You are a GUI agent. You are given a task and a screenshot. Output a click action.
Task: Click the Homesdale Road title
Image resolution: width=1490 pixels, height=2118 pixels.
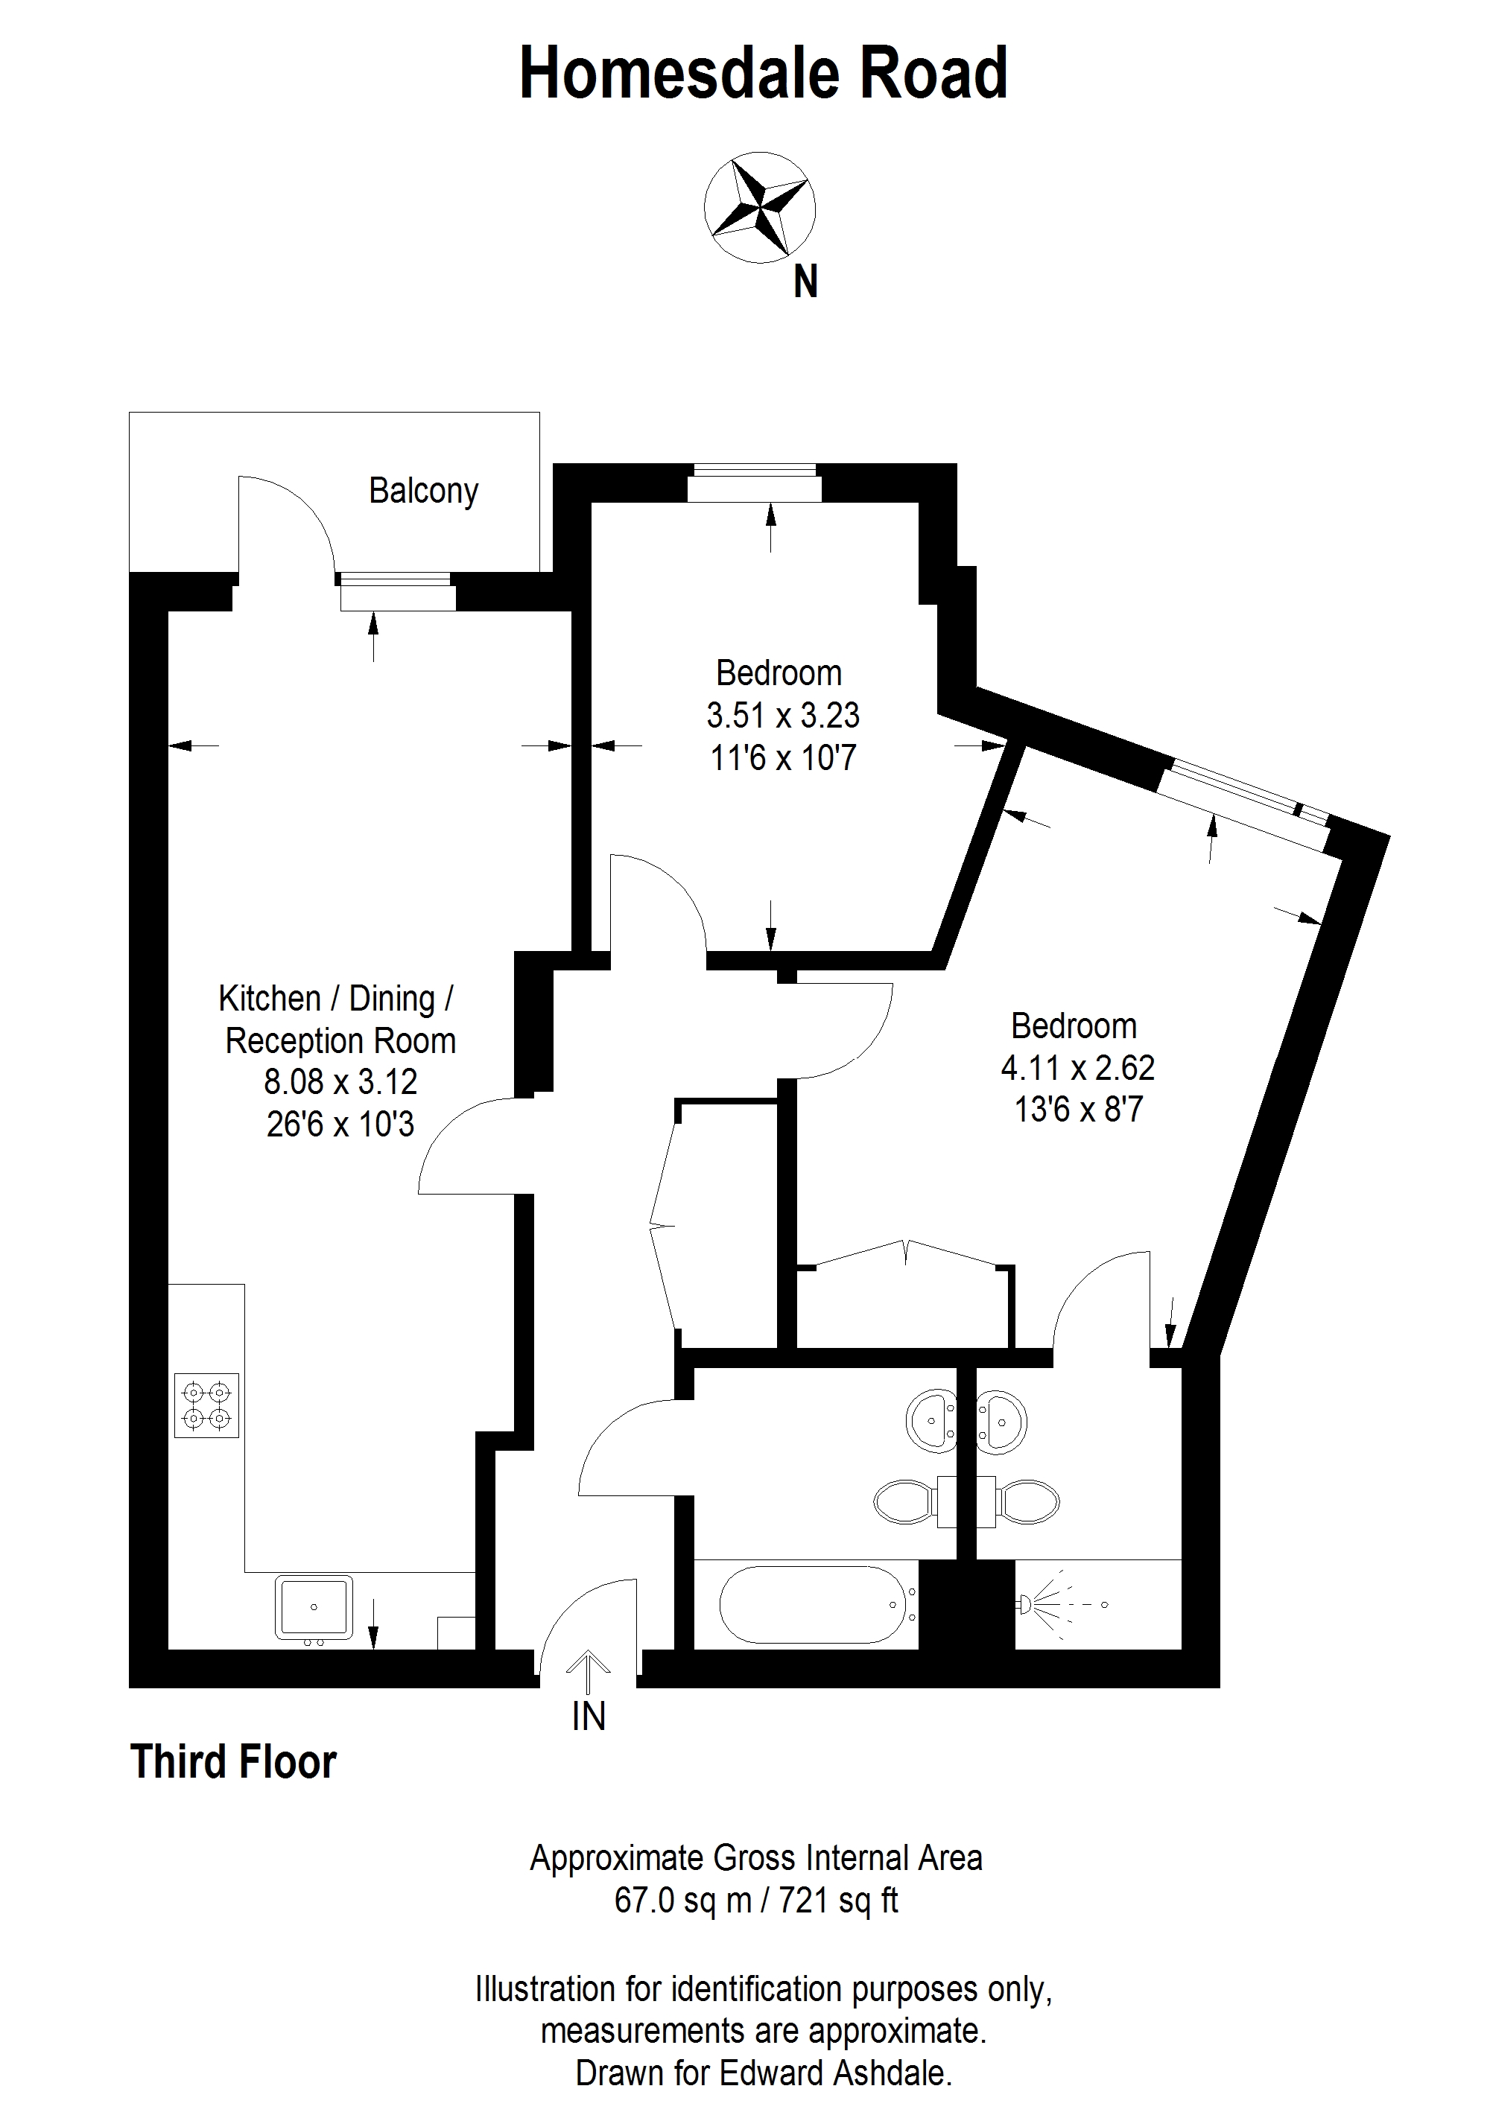[x=763, y=74]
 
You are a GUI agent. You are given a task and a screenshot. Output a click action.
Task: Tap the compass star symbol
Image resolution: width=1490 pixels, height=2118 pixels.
[x=759, y=206]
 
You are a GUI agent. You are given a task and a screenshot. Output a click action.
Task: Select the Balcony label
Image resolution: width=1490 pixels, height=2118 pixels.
[x=423, y=491]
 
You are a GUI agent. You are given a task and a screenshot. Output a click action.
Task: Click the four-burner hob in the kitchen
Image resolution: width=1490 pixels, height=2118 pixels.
[x=206, y=1405]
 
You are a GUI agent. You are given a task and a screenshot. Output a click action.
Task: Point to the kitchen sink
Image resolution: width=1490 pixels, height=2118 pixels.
[x=314, y=1608]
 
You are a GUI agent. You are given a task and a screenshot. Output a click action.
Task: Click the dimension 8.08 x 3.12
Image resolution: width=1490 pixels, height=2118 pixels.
[x=340, y=1081]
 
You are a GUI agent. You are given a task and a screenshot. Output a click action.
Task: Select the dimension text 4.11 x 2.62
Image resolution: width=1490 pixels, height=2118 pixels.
[x=1077, y=1067]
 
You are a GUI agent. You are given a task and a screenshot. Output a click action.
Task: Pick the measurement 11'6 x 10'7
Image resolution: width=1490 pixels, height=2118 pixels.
[x=782, y=757]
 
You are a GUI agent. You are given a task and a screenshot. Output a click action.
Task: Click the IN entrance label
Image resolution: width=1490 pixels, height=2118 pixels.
[x=589, y=1717]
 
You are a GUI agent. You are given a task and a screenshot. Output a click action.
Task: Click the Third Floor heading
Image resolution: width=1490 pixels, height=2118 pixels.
[x=233, y=1762]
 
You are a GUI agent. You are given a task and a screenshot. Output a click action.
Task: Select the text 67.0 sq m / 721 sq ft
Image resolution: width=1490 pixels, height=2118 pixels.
[x=755, y=1901]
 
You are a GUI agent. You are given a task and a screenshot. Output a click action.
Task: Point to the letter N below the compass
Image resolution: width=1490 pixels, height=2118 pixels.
[x=805, y=282]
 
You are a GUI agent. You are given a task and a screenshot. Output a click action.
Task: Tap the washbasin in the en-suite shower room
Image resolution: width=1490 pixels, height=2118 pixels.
[x=1002, y=1422]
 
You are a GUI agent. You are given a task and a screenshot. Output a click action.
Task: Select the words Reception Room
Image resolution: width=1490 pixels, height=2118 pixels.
[x=340, y=1040]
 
